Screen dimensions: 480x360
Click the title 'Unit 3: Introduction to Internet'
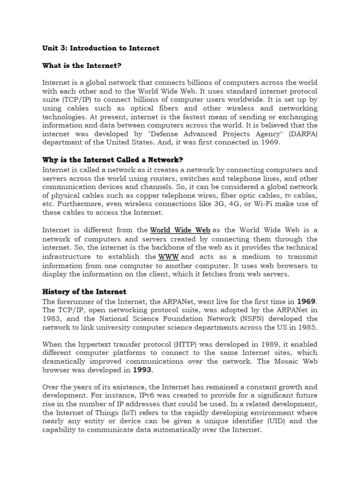(101, 48)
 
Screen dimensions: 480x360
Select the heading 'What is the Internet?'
(85, 65)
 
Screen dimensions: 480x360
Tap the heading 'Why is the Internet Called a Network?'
(112, 159)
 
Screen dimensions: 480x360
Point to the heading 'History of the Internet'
(84, 292)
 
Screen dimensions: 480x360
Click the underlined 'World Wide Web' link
(180, 230)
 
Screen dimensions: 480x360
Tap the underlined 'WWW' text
(169, 257)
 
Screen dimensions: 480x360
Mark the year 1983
(52, 318)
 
